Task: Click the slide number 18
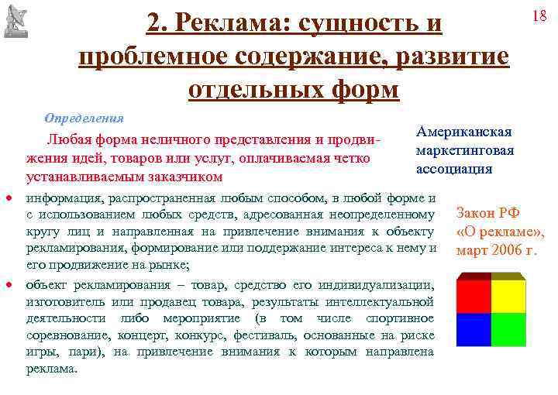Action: (540, 16)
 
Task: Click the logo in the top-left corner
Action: (16, 19)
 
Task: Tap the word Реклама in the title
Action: (229, 25)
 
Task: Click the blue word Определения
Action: (84, 118)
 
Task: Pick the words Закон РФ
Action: (488, 214)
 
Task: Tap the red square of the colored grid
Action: (474, 294)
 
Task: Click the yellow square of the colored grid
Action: (508, 294)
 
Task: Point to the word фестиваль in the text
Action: (276, 336)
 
